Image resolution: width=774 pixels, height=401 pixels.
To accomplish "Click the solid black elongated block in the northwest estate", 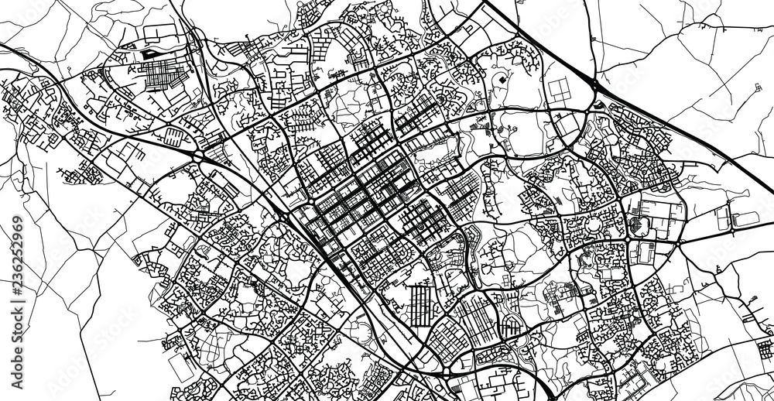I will click(147, 56).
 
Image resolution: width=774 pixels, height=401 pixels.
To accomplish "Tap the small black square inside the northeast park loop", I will click(501, 80).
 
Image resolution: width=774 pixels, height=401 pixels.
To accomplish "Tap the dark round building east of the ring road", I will click(637, 225).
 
